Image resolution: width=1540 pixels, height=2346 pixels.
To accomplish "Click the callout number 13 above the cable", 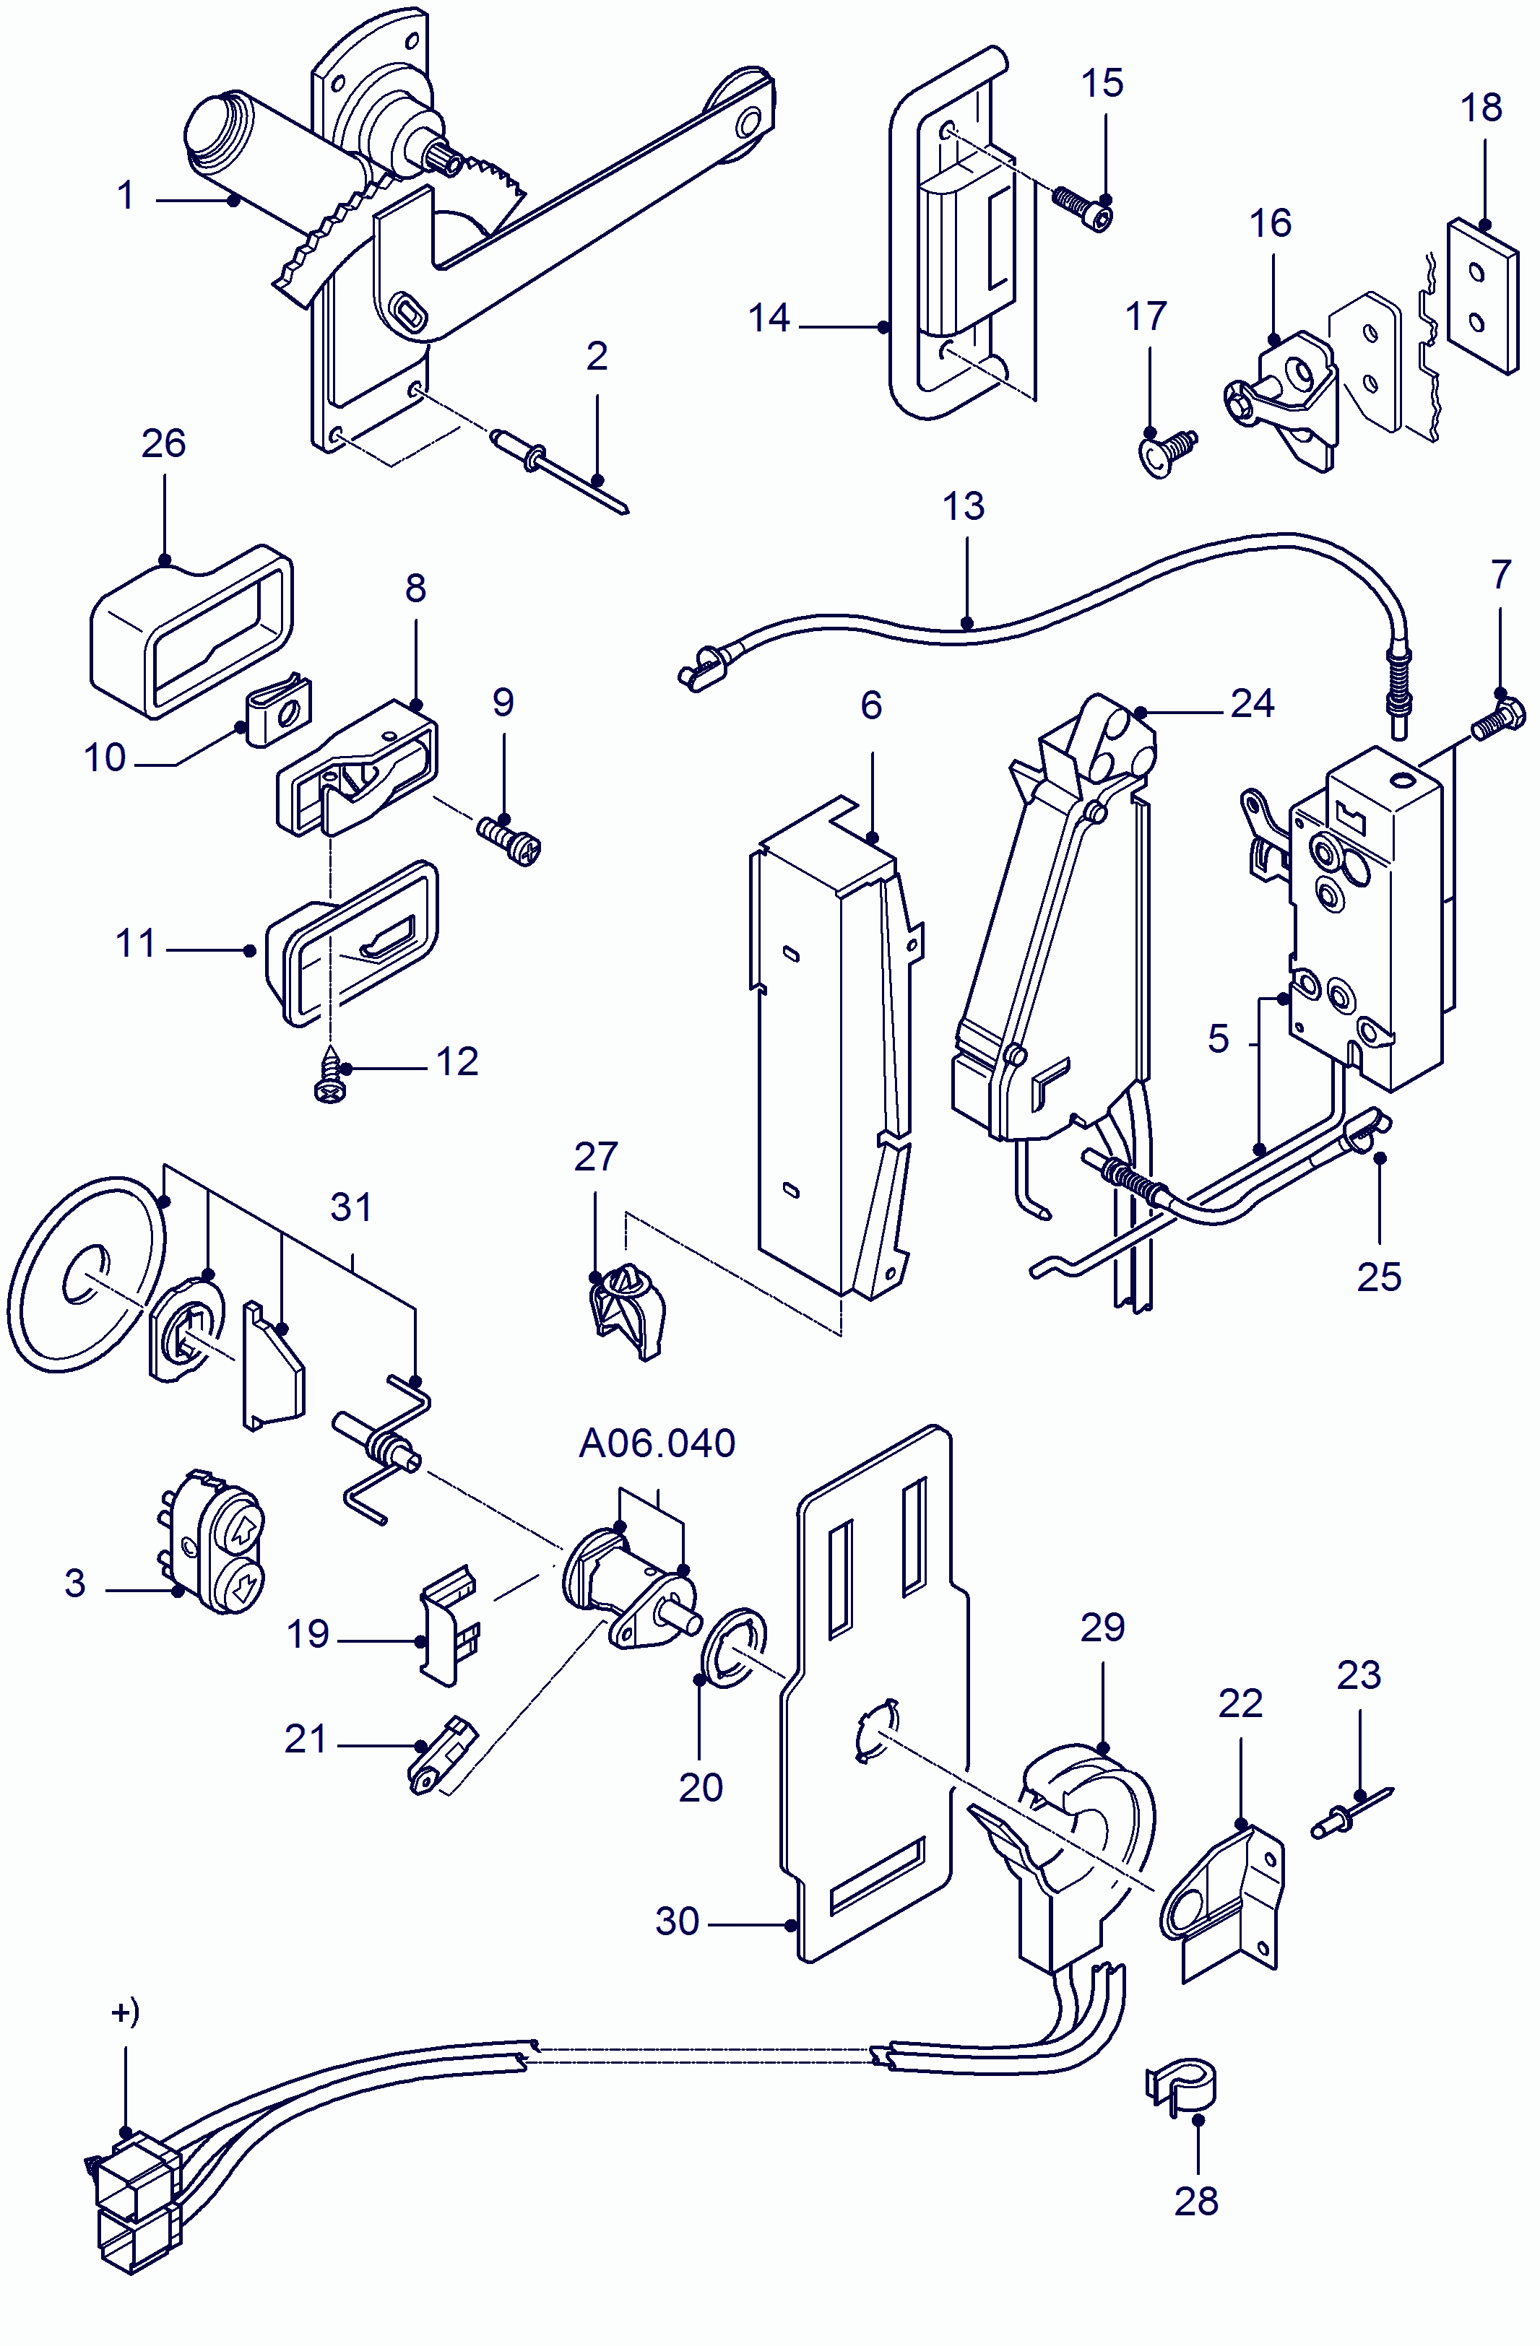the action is (964, 507).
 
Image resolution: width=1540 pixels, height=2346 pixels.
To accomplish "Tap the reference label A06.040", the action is (657, 1443).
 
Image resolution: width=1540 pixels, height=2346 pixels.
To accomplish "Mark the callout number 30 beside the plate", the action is (678, 1921).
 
